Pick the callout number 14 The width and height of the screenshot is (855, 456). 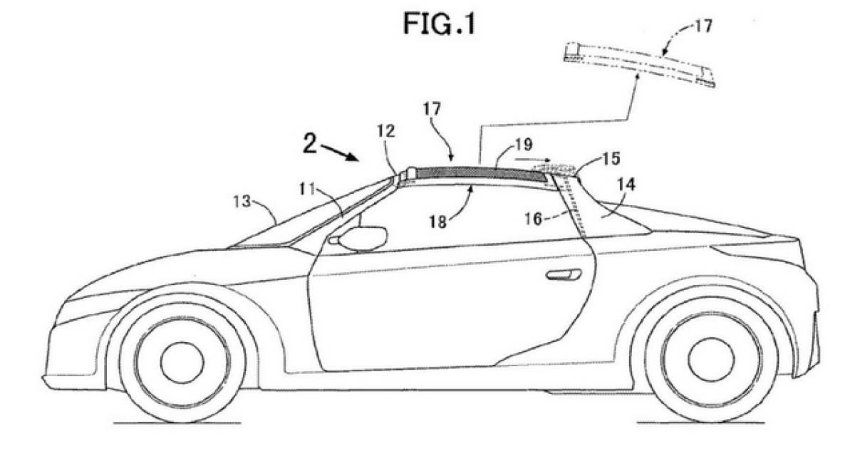(x=626, y=184)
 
